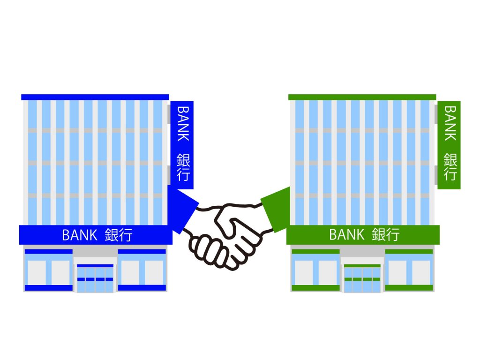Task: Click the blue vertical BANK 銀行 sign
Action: (182, 145)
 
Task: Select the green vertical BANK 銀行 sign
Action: (449, 145)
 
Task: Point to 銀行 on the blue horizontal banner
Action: (119, 235)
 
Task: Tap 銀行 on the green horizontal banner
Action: (386, 234)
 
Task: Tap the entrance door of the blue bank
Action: (95, 278)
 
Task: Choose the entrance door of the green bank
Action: (362, 278)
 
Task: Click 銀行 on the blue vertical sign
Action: (182, 167)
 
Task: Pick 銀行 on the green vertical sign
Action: (450, 167)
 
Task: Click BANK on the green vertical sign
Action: (450, 123)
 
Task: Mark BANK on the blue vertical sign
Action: (182, 123)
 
